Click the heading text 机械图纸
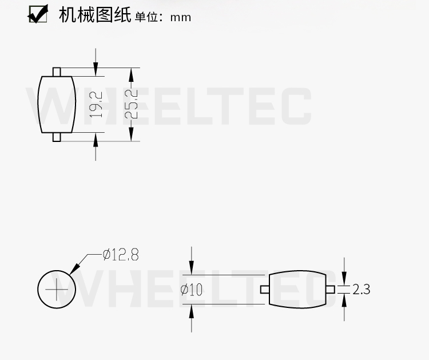point(95,15)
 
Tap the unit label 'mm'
point(180,17)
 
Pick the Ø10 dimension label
point(192,290)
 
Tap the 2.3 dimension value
point(362,290)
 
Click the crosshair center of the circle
point(57,289)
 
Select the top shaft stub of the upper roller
point(57,72)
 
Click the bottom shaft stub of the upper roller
point(57,137)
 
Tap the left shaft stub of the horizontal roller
point(264,290)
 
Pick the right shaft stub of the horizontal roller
point(330,290)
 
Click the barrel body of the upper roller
point(57,104)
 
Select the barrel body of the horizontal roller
point(297,290)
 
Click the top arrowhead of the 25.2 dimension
point(131,73)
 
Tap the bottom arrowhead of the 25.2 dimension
point(131,136)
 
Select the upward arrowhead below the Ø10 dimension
point(192,309)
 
